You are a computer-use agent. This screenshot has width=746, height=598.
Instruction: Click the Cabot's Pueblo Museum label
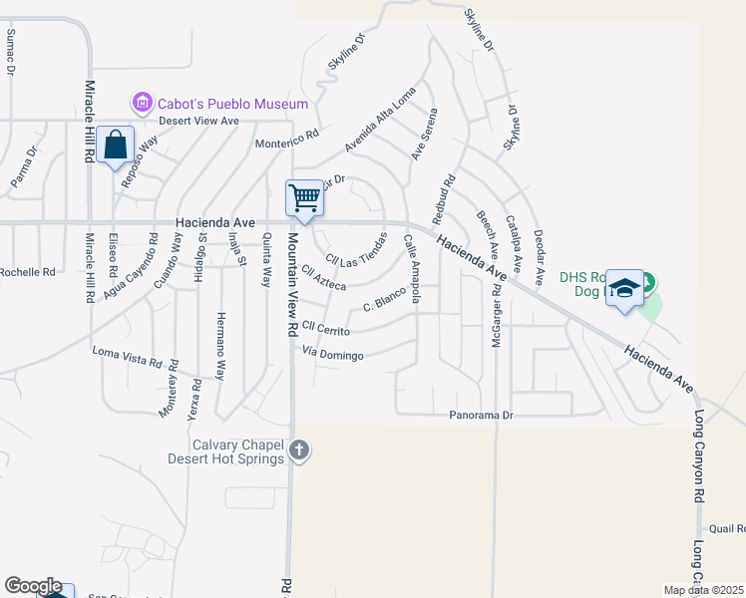pyautogui.click(x=230, y=104)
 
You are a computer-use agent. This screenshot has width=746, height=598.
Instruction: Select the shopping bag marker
pyautogui.click(x=116, y=145)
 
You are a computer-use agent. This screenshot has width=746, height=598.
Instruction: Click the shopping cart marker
pyautogui.click(x=305, y=197)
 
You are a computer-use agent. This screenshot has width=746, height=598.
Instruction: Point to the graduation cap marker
pyautogui.click(x=624, y=288)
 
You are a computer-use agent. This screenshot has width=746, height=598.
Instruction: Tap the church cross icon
pyautogui.click(x=299, y=452)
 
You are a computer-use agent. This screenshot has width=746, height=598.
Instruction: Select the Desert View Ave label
pyautogui.click(x=202, y=121)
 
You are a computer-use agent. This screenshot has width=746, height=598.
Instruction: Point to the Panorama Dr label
pyautogui.click(x=481, y=415)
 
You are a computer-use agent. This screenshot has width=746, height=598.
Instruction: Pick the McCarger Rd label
pyautogui.click(x=496, y=316)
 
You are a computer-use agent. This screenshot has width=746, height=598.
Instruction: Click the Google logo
pyautogui.click(x=33, y=586)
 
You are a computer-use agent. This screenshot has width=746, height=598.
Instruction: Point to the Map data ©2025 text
pyautogui.click(x=704, y=590)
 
